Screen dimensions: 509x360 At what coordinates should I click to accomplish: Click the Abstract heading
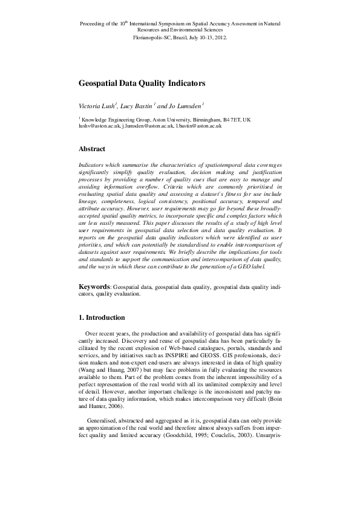point(92,149)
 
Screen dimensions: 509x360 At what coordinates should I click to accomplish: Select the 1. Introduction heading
point(102,317)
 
